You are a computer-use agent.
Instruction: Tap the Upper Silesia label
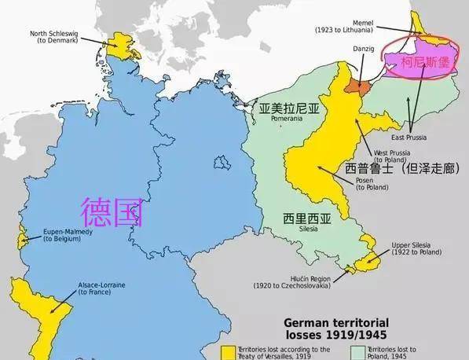point(420,249)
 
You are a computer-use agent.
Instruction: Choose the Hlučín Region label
point(302,281)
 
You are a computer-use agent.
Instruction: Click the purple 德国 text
point(112,210)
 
